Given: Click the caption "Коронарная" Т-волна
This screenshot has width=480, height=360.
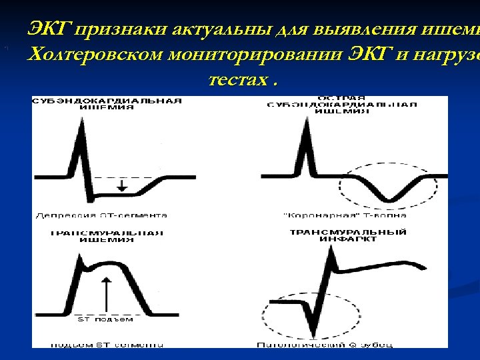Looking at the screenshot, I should coord(345,215).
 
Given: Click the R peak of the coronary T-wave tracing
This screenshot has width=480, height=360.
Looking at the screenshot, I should coord(306,127).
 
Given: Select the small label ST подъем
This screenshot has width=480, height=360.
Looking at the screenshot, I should coord(105,319).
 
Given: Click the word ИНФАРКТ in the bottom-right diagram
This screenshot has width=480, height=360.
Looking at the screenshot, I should coord(339,239).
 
